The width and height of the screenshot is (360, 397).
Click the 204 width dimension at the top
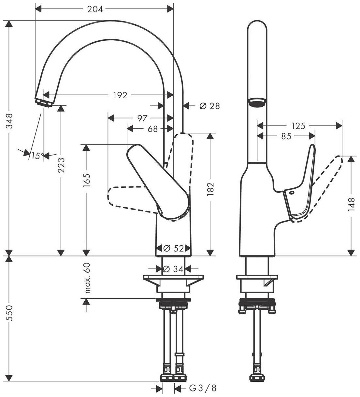coord(95,9)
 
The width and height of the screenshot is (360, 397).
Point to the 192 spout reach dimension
coord(120,95)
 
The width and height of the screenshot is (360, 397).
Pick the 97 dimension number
coord(142,118)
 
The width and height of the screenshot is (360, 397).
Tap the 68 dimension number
coord(152,129)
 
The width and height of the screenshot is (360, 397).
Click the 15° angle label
coord(37,156)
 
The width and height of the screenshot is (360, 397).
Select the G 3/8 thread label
coord(203,388)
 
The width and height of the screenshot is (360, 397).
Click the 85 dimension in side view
coord(286,137)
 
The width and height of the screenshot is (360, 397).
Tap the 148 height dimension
coord(351,204)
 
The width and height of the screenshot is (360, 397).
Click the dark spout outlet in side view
coord(257,103)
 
